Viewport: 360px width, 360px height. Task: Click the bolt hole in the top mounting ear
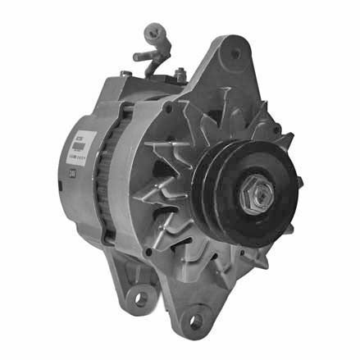[x=236, y=53]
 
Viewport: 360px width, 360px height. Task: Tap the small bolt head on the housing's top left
[x=125, y=74]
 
